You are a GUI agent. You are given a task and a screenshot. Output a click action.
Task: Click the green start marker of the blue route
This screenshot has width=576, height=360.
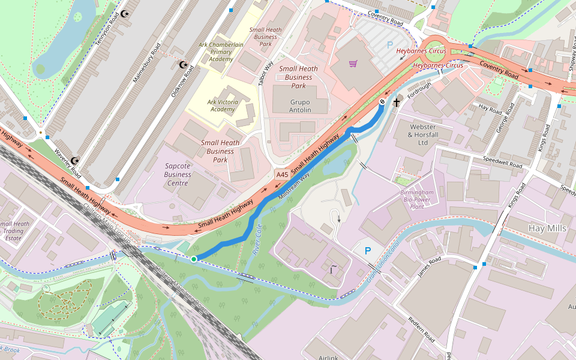pyautogui.click(x=194, y=259)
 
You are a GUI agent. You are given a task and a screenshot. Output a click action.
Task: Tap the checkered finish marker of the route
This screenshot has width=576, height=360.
pyautogui.click(x=382, y=103)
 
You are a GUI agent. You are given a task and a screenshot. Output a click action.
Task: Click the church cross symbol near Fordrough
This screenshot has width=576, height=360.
pyautogui.click(x=396, y=103)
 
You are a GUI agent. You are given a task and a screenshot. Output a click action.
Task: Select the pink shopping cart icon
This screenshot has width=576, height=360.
pyautogui.click(x=353, y=64)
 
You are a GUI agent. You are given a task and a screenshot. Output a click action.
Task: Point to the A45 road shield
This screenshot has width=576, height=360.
pyautogui.click(x=281, y=174)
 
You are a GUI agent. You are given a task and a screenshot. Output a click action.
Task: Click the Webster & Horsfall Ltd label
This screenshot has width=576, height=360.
pyautogui.click(x=428, y=134)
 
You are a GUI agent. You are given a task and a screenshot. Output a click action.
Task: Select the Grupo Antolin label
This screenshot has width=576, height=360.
pyautogui.click(x=292, y=106)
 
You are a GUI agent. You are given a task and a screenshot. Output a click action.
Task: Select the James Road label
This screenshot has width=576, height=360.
pyautogui.click(x=430, y=267)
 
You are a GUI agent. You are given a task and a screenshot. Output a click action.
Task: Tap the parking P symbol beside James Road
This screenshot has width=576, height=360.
pyautogui.click(x=368, y=251)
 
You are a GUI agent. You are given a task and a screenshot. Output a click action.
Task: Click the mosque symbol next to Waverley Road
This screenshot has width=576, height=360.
pyautogui.click(x=75, y=161)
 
